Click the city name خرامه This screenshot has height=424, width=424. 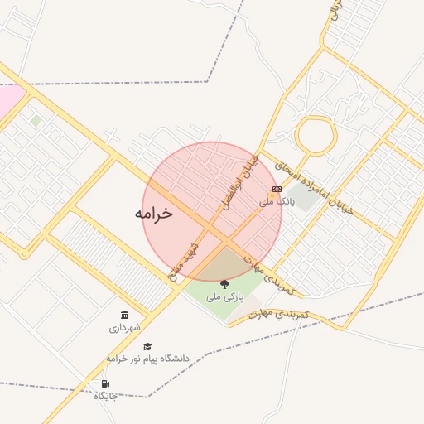coord(154,213)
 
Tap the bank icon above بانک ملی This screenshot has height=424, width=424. coord(277,189)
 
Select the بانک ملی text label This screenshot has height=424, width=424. coord(277,201)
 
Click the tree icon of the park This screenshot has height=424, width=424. coord(224,284)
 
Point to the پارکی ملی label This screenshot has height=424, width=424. coord(224,296)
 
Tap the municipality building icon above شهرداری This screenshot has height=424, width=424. coord(125,316)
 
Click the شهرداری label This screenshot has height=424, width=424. coord(125,328)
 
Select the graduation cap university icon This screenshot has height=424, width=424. coord(147,347)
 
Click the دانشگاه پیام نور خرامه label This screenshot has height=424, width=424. coord(147,359)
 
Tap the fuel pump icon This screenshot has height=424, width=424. coord(105,383)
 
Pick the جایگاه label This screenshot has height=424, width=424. coord(106,396)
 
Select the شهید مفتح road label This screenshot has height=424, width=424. coord(184,263)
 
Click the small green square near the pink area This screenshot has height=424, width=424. coord(36,121)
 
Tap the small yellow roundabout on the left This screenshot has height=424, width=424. coord(23,254)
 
